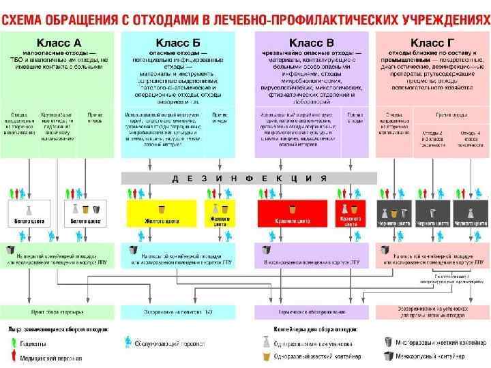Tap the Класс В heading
pyautogui.click(x=311, y=42)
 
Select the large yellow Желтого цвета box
pyautogui.click(x=161, y=214)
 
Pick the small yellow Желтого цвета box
pyautogui.click(x=220, y=214)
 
